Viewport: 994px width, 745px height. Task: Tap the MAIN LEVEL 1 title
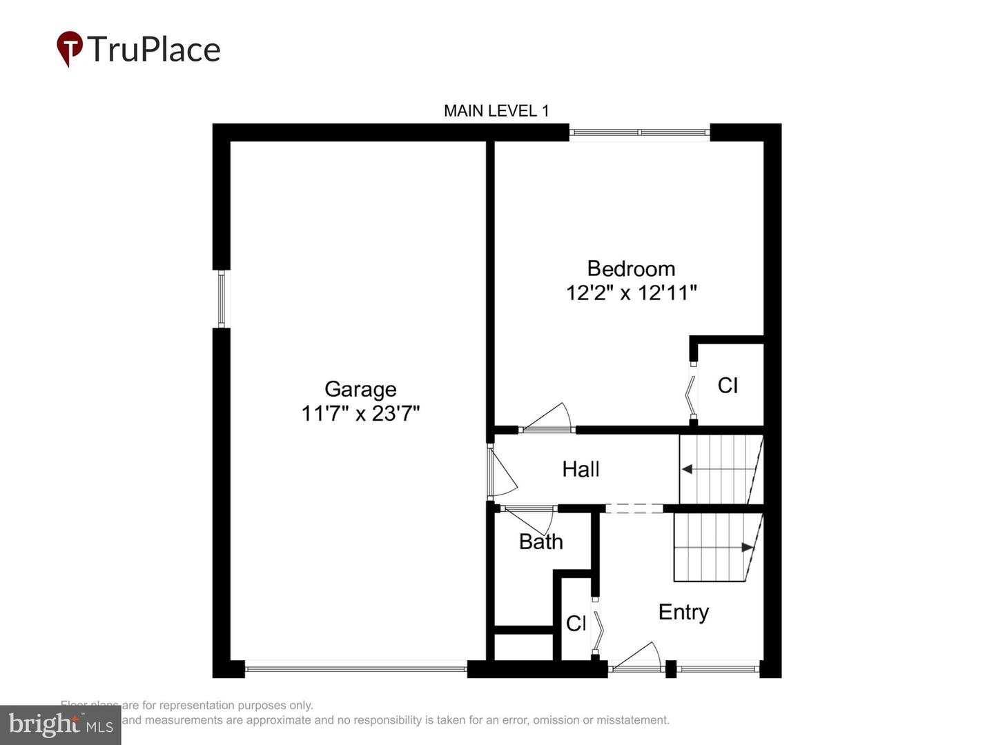(496, 110)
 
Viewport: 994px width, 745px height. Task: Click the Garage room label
(360, 389)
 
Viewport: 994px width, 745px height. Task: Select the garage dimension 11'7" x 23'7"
(360, 413)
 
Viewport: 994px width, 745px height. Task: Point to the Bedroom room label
(631, 268)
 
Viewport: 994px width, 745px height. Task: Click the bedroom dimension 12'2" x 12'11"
(631, 292)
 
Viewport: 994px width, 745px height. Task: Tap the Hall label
(581, 469)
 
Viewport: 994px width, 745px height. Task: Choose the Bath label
(540, 542)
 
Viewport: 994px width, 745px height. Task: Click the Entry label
(683, 612)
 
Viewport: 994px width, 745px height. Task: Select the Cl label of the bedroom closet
(728, 385)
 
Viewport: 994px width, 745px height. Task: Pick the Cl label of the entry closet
(576, 624)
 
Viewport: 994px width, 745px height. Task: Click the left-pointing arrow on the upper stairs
(687, 469)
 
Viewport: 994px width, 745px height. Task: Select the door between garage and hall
(501, 472)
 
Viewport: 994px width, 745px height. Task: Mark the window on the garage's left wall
(222, 298)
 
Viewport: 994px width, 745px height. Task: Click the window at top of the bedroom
(639, 132)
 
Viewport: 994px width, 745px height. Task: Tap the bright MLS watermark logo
(61, 724)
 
